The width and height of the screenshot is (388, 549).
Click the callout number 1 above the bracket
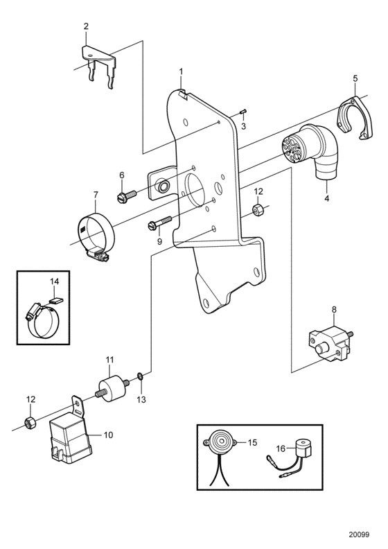click(182, 71)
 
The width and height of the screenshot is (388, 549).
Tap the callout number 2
click(86, 26)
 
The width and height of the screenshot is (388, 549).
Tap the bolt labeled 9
click(160, 223)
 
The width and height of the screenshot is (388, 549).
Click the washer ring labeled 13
click(139, 376)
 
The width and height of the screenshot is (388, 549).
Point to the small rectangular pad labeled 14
click(55, 299)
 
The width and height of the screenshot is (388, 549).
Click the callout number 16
click(281, 448)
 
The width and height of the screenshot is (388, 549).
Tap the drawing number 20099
click(359, 534)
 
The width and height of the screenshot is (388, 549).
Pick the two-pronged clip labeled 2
click(98, 67)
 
